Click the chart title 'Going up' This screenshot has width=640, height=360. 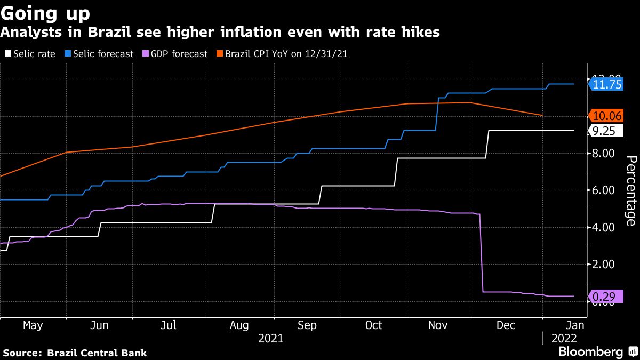[45, 12]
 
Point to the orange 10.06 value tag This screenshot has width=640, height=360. [607, 116]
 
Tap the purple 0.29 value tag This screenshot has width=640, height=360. [605, 297]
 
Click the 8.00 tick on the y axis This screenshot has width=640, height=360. [603, 154]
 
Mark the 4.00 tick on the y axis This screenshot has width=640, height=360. [603, 227]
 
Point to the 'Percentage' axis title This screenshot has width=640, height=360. [630, 198]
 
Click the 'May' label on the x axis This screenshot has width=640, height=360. [33, 325]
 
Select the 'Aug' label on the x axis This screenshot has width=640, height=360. [239, 325]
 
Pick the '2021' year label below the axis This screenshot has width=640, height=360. [271, 338]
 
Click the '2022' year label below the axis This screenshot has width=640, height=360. [563, 338]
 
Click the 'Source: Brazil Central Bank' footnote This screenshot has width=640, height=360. [75, 353]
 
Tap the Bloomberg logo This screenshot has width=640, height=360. [590, 352]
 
